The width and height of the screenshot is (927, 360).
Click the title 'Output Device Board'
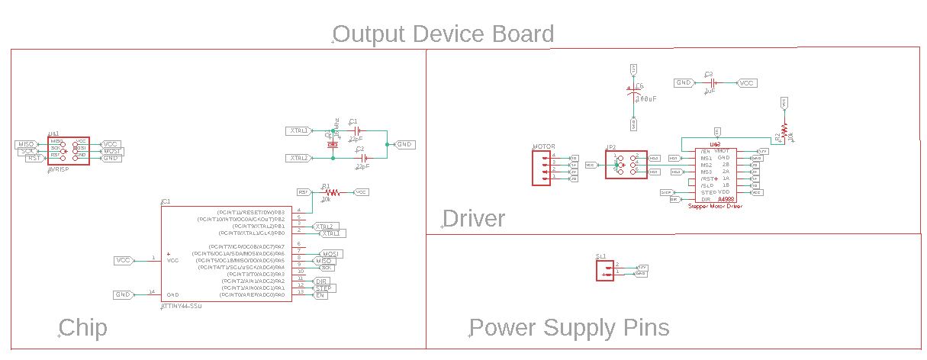click(x=443, y=34)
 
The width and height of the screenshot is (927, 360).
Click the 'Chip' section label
click(x=83, y=328)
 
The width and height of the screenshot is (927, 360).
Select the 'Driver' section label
click(x=474, y=219)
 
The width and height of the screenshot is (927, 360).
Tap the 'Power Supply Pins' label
click(x=569, y=328)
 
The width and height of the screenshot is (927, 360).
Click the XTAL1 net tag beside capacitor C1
click(x=299, y=130)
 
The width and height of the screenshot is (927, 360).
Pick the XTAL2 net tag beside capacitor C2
click(x=299, y=158)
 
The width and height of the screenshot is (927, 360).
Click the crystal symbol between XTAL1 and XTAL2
click(x=333, y=143)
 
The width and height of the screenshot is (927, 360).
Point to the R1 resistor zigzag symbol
click(x=330, y=192)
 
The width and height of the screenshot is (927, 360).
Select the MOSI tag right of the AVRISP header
click(x=113, y=151)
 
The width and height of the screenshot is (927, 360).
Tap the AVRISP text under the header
click(x=59, y=169)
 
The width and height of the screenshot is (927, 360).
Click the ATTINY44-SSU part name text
click(x=181, y=305)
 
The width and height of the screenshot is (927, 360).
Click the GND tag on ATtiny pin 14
click(x=123, y=294)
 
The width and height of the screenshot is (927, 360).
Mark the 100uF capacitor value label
click(x=646, y=99)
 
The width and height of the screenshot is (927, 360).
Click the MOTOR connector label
click(x=543, y=146)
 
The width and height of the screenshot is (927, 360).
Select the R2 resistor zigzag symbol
click(x=784, y=131)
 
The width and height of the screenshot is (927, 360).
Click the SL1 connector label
click(x=600, y=256)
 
